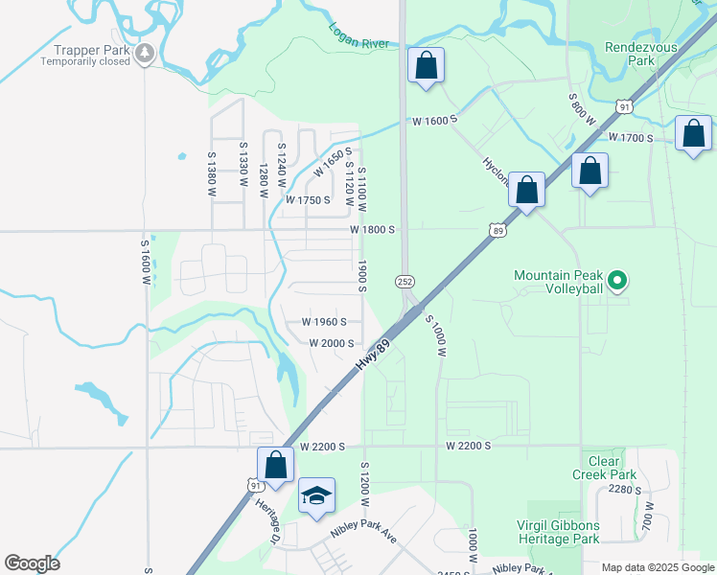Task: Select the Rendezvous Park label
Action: tap(642, 53)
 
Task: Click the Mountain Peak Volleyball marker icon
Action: tap(618, 281)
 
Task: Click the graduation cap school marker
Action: tap(316, 495)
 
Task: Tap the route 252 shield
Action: tap(405, 280)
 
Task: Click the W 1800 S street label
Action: tap(372, 230)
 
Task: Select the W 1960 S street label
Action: tap(324, 322)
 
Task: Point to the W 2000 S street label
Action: tap(332, 343)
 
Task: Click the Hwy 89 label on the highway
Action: tap(377, 354)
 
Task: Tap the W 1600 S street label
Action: tap(435, 121)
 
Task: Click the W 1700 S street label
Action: tap(630, 138)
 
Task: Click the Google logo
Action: tap(32, 563)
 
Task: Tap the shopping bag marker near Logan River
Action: tap(427, 66)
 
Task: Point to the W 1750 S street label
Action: tap(308, 200)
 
